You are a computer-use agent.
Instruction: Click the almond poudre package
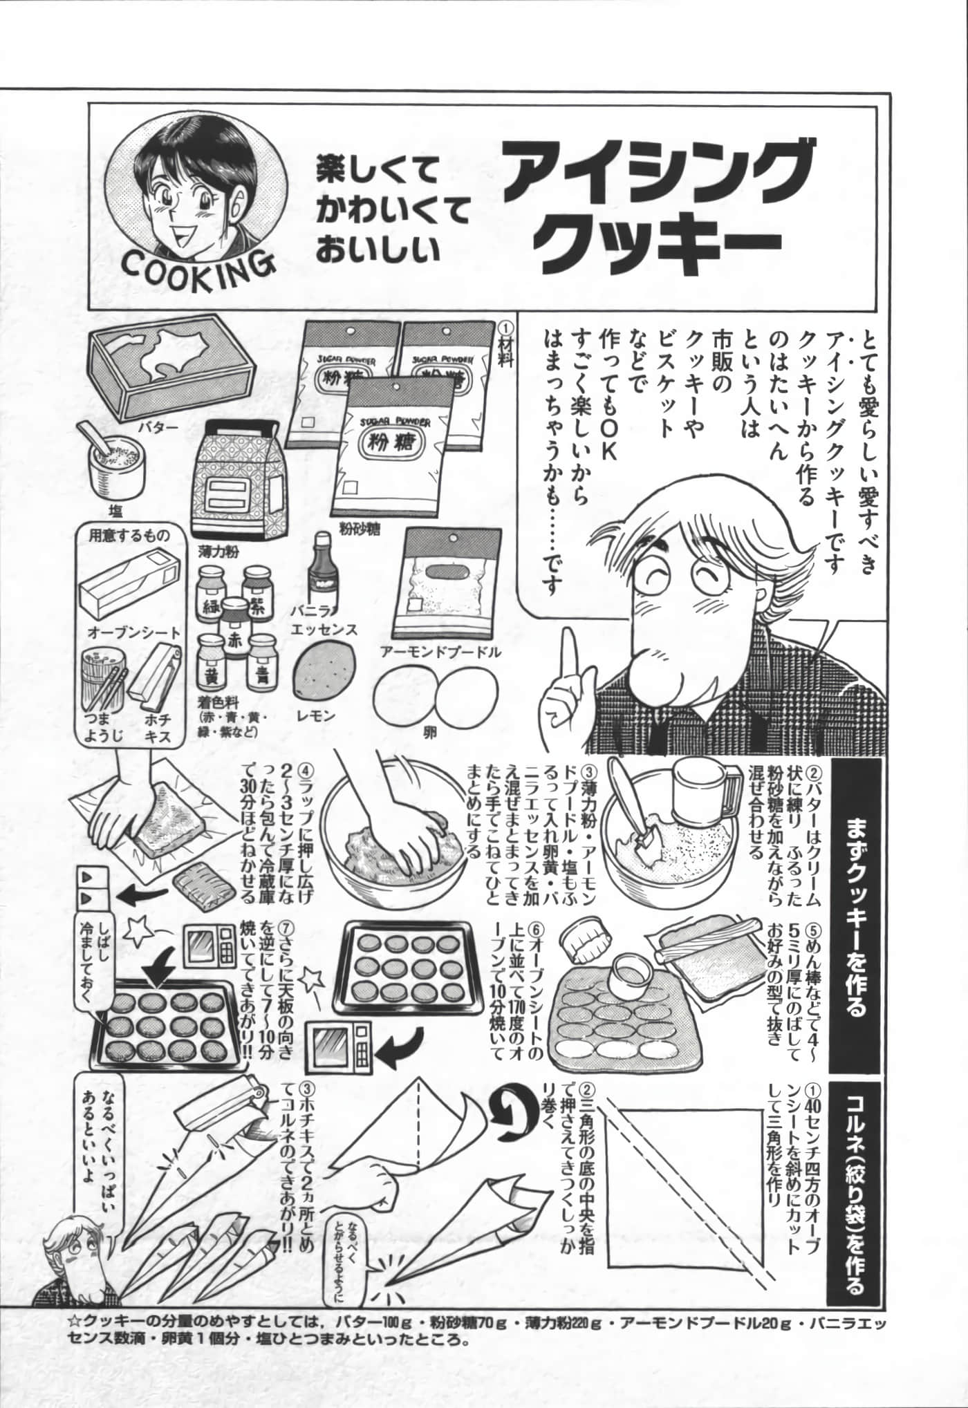pyautogui.click(x=443, y=585)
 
